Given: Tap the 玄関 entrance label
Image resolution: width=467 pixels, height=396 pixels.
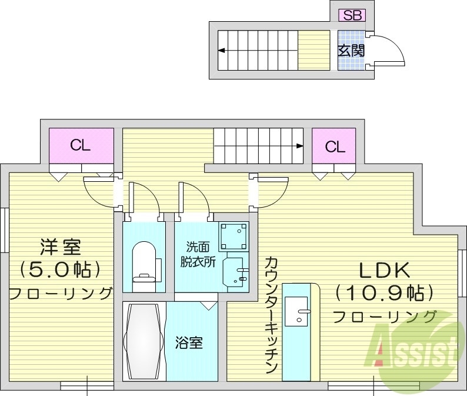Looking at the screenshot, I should click(351, 51).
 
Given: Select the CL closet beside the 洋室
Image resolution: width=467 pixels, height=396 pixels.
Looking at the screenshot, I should click(81, 145).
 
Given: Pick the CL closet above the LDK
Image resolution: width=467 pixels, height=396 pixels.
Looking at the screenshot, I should click(334, 146).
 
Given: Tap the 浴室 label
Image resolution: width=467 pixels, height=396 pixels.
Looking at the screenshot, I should click(189, 342).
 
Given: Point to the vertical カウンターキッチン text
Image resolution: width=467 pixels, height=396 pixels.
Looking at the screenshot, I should click(271, 315).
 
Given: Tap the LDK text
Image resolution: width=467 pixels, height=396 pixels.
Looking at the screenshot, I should click(384, 269).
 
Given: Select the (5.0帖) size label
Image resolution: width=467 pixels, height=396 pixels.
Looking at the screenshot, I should click(61, 269).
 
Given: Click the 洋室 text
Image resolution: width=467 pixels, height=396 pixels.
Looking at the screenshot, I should click(61, 246).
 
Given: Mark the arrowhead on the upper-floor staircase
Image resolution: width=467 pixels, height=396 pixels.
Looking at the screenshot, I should click(300, 145).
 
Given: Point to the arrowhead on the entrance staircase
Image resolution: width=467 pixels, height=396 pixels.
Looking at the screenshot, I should click(221, 51).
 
